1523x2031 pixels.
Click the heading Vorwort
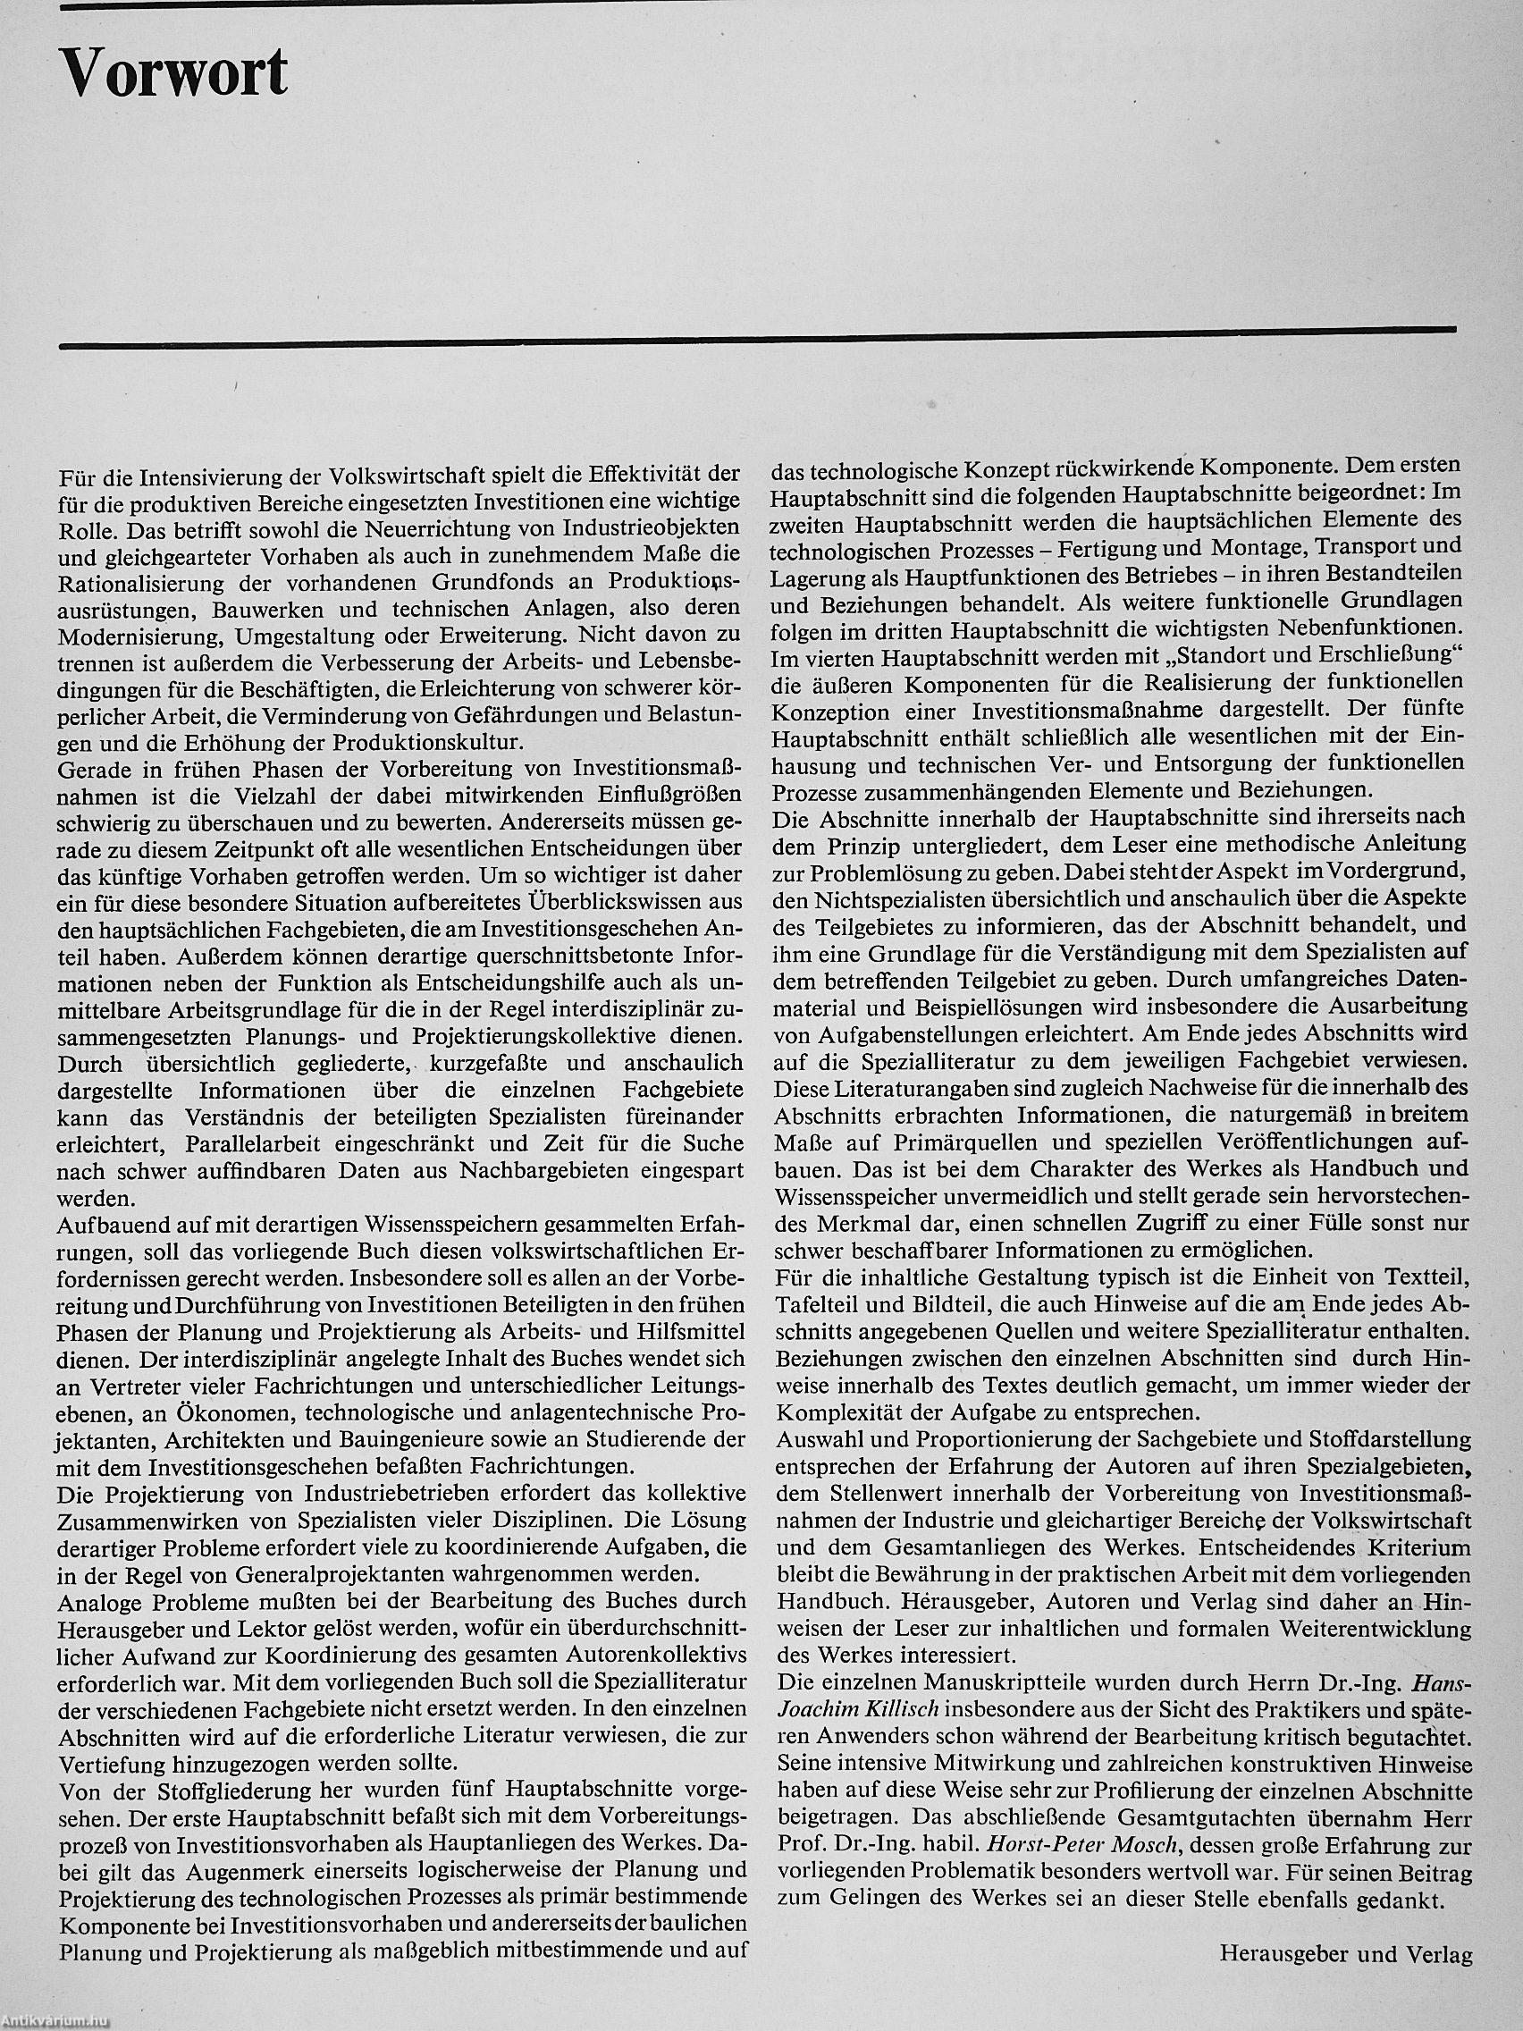174,75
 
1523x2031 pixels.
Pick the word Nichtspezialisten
881,895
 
